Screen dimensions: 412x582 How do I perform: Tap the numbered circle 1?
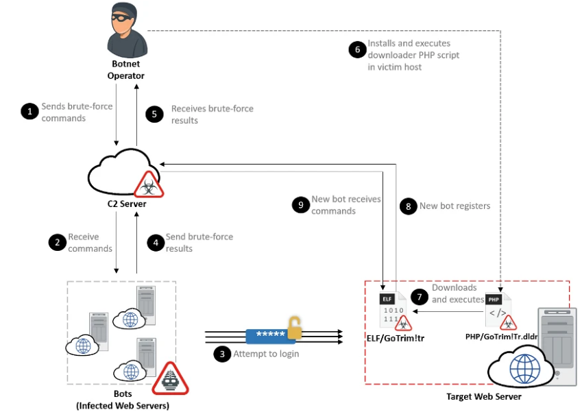coord(29,111)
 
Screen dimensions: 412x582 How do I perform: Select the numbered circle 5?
coord(155,114)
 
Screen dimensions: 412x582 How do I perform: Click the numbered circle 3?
coord(221,354)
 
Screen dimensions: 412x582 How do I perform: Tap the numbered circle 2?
coord(56,242)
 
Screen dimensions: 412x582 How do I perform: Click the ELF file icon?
coord(390,308)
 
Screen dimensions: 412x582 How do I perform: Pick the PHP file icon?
coord(496,309)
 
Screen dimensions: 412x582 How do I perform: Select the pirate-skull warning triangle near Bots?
coord(170,379)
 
